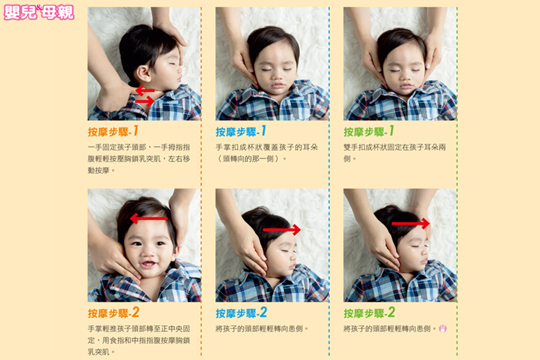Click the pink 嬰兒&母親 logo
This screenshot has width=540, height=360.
(x=39, y=13)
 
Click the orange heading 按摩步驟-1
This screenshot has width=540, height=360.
(x=113, y=131)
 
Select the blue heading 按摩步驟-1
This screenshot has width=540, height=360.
(x=241, y=131)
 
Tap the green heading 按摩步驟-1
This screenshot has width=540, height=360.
(x=369, y=131)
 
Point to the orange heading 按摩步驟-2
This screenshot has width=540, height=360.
(x=113, y=313)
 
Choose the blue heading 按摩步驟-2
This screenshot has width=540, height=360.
(x=241, y=313)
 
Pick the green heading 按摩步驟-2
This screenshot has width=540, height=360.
(x=369, y=313)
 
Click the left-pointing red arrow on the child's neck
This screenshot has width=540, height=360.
(x=145, y=91)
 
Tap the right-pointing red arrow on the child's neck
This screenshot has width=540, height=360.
(x=145, y=101)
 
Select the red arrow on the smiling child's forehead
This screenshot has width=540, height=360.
(x=149, y=218)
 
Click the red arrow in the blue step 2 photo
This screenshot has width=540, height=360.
(x=282, y=229)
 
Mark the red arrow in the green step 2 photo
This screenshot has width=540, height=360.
(x=411, y=223)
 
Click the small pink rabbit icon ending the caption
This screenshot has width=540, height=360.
(x=443, y=329)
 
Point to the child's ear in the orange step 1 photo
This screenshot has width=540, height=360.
(x=143, y=73)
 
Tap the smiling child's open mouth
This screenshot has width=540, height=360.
(x=148, y=264)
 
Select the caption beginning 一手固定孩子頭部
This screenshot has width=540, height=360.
(x=139, y=159)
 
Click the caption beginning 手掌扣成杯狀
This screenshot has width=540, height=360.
(x=267, y=153)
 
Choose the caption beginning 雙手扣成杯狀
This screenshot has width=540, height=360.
(x=395, y=153)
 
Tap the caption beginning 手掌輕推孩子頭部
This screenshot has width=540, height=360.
(x=139, y=340)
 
